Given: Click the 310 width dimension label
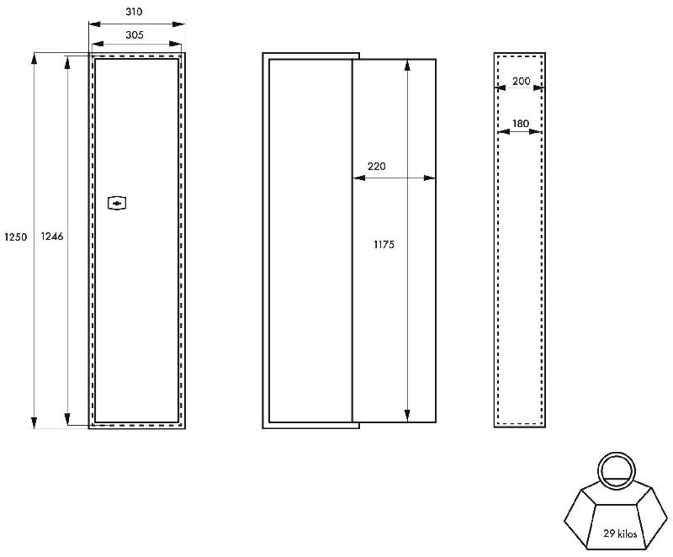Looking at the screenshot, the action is (x=134, y=12).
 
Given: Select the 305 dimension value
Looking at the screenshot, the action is (x=135, y=34).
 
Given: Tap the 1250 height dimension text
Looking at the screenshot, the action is (x=16, y=236).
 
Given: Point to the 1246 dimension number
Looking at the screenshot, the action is (x=52, y=236).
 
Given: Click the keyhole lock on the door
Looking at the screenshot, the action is (x=117, y=203).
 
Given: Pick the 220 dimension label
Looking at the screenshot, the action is (x=376, y=166).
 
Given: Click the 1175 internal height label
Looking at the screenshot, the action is (x=384, y=245).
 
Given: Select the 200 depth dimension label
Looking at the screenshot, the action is (x=522, y=81).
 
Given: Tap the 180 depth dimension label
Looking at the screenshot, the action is (x=520, y=124).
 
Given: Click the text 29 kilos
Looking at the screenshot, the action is (x=620, y=533).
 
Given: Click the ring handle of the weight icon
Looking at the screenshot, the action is (x=617, y=469).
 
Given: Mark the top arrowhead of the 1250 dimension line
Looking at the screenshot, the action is (x=34, y=59).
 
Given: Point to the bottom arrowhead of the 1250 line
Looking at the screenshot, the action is (x=34, y=422).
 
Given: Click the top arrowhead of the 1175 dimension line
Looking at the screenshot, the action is (x=407, y=66).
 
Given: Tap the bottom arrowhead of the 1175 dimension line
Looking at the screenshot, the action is (x=407, y=416).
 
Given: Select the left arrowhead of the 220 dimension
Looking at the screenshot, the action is (x=359, y=178).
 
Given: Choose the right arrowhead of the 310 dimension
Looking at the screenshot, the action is (x=178, y=24).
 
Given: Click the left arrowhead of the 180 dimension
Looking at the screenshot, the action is (x=504, y=132).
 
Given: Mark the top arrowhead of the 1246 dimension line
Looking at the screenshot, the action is (x=67, y=62).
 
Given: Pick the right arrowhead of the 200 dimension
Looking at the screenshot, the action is (x=539, y=88).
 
